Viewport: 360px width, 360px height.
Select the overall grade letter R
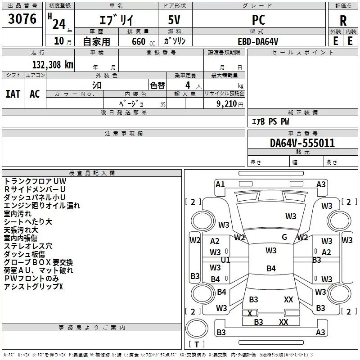point(343,21)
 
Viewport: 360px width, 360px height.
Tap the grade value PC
point(258,20)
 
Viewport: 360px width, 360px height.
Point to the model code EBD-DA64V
point(258,41)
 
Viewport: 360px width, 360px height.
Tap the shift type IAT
point(13,94)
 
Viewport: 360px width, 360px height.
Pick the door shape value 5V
point(175,20)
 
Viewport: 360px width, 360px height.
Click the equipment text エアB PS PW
point(270,122)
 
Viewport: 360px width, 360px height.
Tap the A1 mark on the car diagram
point(220,184)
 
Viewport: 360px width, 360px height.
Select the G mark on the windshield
point(284,237)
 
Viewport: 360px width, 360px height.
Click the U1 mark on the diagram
point(225,260)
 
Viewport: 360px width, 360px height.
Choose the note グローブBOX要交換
point(38,262)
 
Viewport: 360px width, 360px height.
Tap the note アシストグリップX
point(33,287)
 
